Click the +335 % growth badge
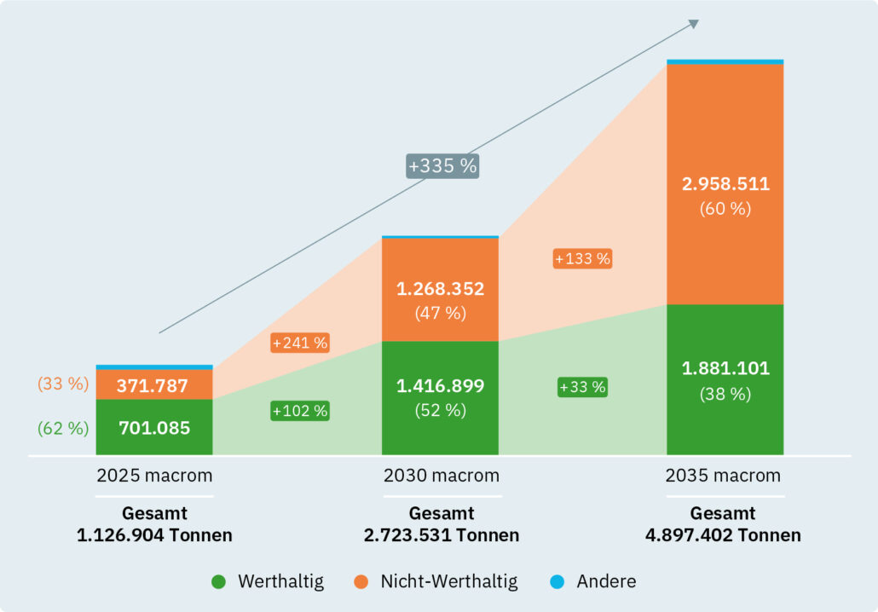click(x=442, y=165)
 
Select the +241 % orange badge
click(x=300, y=343)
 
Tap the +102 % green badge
click(x=300, y=410)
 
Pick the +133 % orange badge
click(x=583, y=258)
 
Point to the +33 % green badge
click(x=583, y=387)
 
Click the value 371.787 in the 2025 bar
click(x=154, y=385)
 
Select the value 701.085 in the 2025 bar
click(x=154, y=428)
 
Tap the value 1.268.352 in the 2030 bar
click(x=440, y=289)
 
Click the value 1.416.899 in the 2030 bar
click(x=440, y=386)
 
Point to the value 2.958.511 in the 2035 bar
click(x=725, y=184)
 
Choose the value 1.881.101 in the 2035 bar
click(x=725, y=369)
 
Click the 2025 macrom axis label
click(x=154, y=476)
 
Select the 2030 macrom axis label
click(x=441, y=476)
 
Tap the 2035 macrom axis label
click(x=723, y=476)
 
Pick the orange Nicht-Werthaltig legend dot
click(x=361, y=582)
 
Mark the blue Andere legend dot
click(x=557, y=582)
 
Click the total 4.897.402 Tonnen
click(x=723, y=535)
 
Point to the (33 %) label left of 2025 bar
click(x=63, y=384)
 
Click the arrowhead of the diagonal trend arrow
click(x=694, y=23)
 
